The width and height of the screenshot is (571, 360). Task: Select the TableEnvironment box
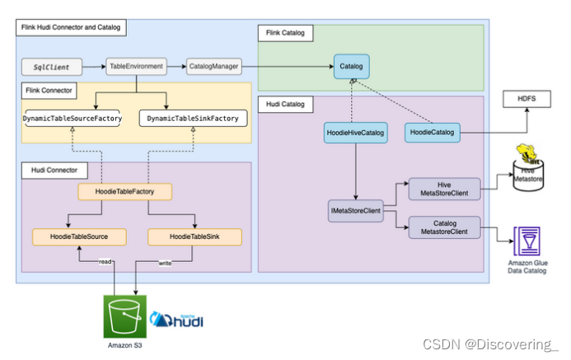[x=135, y=65]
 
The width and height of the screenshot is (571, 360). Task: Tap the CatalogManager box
[x=214, y=65]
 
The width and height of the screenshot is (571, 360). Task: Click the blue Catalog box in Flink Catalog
[x=351, y=65]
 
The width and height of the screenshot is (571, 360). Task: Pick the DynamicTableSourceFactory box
[x=73, y=119]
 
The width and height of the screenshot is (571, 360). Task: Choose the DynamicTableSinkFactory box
[x=193, y=119]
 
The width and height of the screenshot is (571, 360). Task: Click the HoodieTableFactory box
[x=126, y=192]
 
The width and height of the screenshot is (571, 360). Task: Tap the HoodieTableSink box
[x=194, y=236]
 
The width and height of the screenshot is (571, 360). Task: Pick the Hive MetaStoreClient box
[x=444, y=189]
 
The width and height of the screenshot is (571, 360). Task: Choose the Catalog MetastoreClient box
[x=444, y=227]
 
